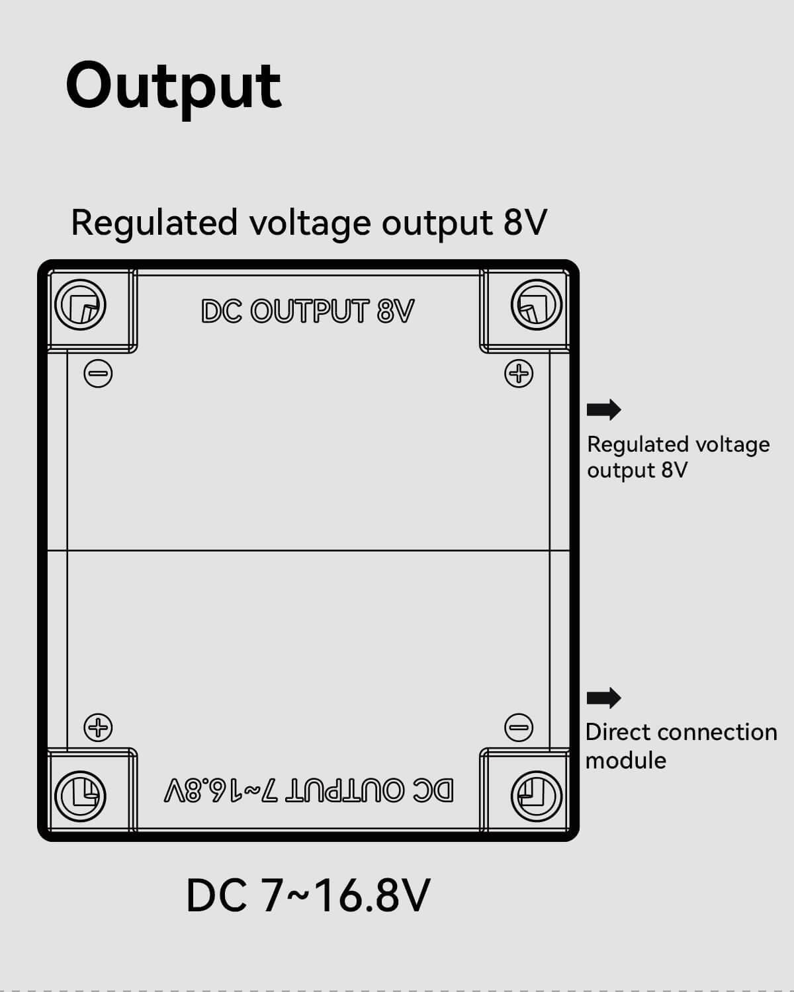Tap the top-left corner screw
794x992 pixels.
(x=80, y=306)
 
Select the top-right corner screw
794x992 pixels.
(x=537, y=305)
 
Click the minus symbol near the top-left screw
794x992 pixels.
(x=98, y=374)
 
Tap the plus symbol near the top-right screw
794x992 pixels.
(x=519, y=374)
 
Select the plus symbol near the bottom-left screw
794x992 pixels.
(x=98, y=727)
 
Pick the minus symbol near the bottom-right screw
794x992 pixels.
(x=519, y=727)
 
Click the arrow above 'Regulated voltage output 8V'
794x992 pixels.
(x=603, y=410)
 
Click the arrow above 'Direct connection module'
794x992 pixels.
(x=603, y=698)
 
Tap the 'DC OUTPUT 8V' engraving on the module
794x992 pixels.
(x=308, y=311)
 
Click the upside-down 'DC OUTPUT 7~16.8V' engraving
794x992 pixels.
(x=309, y=790)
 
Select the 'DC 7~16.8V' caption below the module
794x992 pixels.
(x=308, y=896)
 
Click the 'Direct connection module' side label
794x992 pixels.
(x=681, y=746)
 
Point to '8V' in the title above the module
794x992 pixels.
(x=525, y=222)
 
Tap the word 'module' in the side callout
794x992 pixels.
(x=626, y=761)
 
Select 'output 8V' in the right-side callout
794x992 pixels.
(x=637, y=471)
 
